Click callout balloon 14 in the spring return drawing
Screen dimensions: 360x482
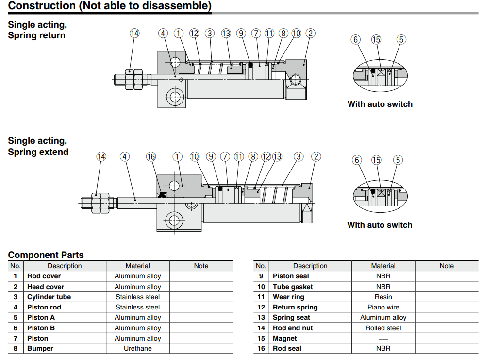(134, 33)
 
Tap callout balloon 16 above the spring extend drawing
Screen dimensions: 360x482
(151, 156)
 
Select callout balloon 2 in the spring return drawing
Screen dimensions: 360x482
(310, 33)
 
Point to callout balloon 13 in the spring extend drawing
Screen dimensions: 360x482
(277, 156)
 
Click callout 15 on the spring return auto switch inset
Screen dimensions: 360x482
(376, 39)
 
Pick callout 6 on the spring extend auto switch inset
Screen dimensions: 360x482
(357, 160)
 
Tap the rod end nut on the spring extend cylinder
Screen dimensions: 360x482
(100, 202)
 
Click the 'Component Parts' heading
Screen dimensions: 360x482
(46, 255)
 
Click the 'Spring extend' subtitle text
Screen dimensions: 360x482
(38, 152)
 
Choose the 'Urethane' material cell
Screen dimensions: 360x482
(137, 348)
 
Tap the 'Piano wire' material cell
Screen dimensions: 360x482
(383, 307)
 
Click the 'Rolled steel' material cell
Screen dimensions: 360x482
(383, 328)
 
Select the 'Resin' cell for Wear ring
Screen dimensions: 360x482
(383, 297)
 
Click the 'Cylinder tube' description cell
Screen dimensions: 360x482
(49, 297)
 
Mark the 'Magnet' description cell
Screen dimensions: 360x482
(285, 338)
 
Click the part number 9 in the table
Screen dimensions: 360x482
(261, 276)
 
